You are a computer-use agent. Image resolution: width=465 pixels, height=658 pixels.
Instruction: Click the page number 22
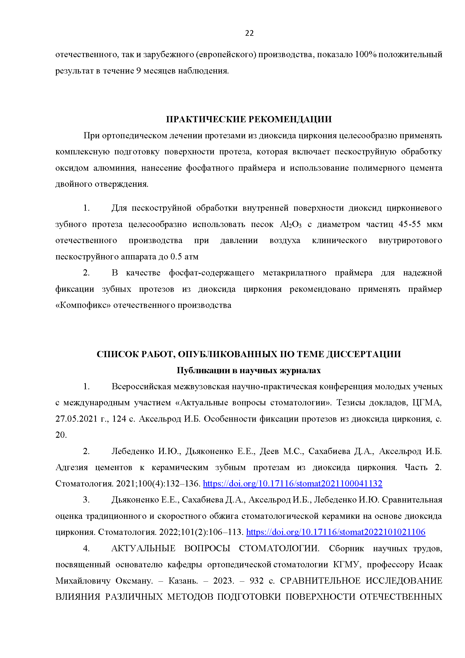pyautogui.click(x=249, y=33)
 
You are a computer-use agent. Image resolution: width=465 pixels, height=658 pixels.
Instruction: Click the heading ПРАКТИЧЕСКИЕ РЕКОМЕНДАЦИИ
pyautogui.click(x=249, y=119)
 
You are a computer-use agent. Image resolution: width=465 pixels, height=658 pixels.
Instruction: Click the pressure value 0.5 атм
pyautogui.click(x=184, y=257)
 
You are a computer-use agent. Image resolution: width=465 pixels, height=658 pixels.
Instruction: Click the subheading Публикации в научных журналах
pyautogui.click(x=249, y=370)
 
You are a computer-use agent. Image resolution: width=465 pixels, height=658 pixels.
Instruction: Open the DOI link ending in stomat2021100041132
pyautogui.click(x=292, y=484)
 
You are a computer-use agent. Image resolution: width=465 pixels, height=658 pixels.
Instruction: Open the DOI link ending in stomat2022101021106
pyautogui.click(x=336, y=532)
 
